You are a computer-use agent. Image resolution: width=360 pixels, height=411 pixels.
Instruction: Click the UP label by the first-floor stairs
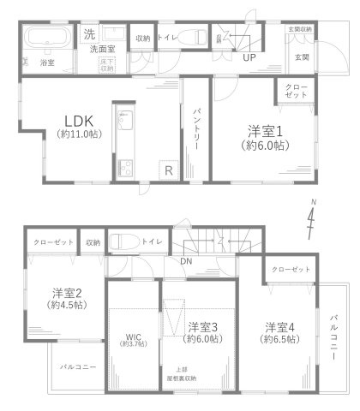click(249, 59)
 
